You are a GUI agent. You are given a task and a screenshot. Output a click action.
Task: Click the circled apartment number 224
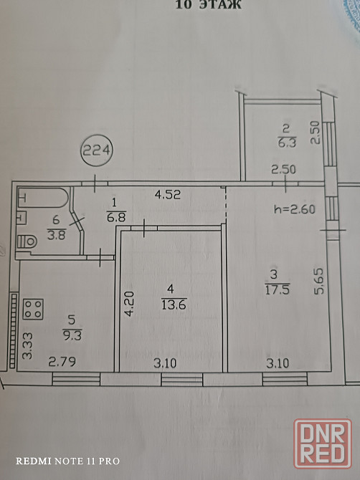coord(97,150)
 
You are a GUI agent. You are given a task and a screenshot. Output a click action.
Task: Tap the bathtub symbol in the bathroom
coord(43,198)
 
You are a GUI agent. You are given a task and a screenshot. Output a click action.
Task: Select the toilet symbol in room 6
coord(27,241)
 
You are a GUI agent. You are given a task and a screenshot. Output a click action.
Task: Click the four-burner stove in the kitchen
coord(33,309)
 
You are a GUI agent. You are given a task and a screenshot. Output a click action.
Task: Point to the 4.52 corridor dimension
coord(168,194)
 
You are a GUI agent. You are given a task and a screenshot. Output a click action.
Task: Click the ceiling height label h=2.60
coord(295,209)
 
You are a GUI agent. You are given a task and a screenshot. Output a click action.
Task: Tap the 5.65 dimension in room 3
coord(318,282)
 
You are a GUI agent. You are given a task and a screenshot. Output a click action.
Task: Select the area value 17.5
coord(278,289)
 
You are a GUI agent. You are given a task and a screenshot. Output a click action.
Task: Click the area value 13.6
coord(174,304)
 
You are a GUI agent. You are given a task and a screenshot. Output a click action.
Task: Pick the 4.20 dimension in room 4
coord(129,303)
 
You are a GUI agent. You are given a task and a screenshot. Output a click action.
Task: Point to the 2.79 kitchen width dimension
coord(62,362)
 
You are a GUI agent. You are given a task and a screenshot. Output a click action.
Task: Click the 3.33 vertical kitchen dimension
coord(27,346)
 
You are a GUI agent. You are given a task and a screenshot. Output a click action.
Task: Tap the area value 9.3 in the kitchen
coord(72,335)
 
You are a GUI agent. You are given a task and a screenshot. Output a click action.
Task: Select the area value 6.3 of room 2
coord(287,143)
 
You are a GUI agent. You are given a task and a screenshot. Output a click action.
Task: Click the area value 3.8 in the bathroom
coord(57,235)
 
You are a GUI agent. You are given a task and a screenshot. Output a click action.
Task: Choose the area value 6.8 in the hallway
coord(116,217)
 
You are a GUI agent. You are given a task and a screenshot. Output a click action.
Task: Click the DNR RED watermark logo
coord(323,443)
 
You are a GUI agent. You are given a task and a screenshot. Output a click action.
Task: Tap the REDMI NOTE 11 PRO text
coord(67,461)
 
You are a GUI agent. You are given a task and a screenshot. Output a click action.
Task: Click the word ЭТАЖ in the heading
coord(221,5)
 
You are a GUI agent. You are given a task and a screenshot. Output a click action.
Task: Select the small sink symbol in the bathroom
coord(22,218)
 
